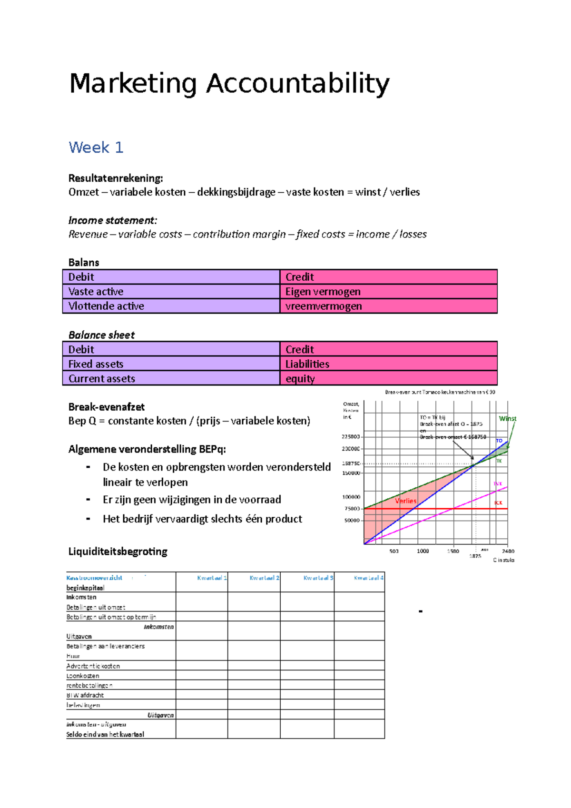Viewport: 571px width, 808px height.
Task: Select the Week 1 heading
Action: (96, 148)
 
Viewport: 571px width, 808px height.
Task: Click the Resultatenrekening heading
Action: (116, 178)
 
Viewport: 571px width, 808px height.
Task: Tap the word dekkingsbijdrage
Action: (236, 192)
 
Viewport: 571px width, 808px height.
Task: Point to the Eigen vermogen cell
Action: (323, 292)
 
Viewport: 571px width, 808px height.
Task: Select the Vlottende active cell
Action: (106, 306)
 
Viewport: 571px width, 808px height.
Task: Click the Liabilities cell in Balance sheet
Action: (307, 364)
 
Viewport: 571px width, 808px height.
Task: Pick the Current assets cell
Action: (102, 379)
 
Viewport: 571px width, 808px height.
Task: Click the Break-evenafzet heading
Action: (107, 407)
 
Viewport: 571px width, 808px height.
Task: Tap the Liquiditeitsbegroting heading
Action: (118, 552)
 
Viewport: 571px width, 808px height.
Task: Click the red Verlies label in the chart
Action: (405, 501)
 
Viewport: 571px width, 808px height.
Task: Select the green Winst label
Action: (507, 419)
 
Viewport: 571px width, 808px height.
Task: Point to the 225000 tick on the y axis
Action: (351, 436)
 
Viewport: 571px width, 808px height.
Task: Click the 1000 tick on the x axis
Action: (423, 551)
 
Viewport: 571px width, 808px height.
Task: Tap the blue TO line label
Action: (499, 441)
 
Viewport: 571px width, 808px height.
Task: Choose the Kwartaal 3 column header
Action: (318, 578)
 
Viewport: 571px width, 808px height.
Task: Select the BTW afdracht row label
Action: (85, 695)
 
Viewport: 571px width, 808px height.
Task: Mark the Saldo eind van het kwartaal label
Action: (105, 734)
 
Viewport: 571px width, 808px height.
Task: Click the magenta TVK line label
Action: (498, 483)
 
